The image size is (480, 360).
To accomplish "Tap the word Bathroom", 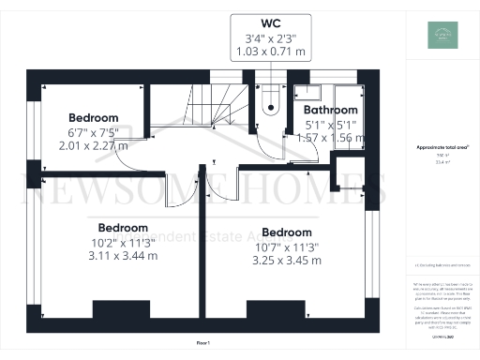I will click(331, 109).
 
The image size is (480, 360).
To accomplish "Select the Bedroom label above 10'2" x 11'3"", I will click(124, 228).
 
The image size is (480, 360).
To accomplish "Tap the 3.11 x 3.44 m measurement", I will click(124, 255).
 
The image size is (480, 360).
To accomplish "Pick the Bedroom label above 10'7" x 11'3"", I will click(286, 232).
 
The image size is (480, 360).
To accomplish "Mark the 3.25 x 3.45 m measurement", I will click(286, 260).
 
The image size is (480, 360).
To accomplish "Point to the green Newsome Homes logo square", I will click(443, 35).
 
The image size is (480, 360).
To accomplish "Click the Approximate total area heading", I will click(442, 148).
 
